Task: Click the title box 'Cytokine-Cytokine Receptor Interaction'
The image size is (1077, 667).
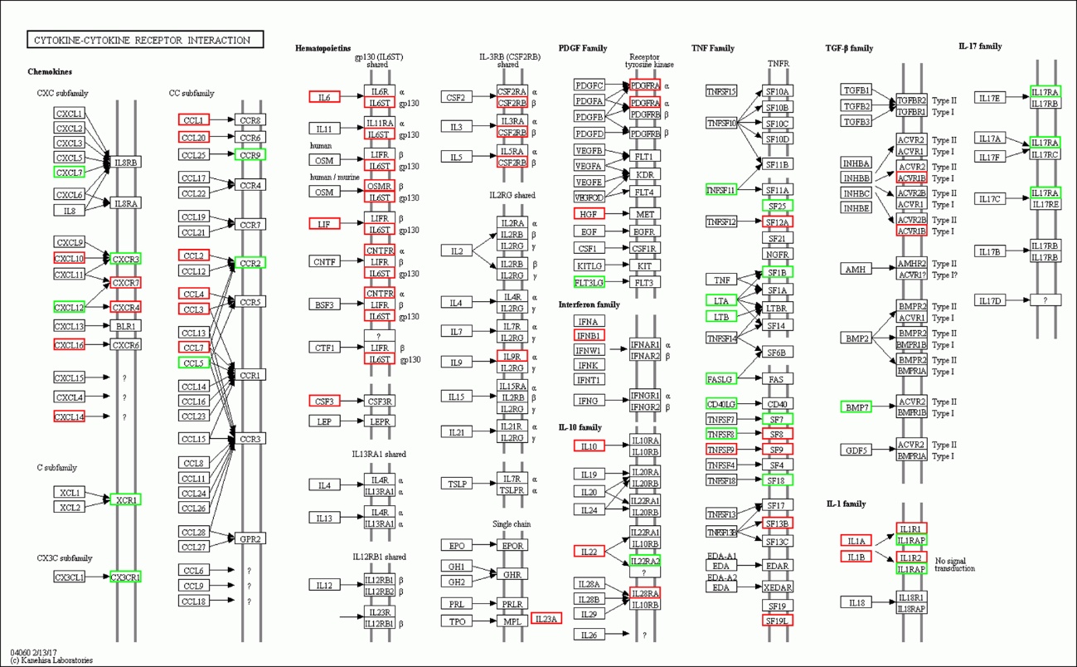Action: click(145, 40)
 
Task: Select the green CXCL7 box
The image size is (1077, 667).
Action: click(69, 172)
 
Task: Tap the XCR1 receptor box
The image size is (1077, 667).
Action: click(126, 499)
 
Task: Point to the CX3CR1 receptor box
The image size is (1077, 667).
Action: click(126, 577)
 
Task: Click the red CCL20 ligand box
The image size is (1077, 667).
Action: click(194, 137)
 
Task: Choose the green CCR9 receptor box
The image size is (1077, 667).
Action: click(250, 155)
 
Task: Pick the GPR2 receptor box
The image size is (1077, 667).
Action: click(250, 538)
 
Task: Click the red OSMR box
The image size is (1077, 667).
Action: click(379, 187)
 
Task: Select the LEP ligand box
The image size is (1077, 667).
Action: click(324, 421)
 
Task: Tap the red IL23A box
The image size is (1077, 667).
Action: click(546, 618)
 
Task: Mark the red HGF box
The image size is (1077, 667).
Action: click(589, 213)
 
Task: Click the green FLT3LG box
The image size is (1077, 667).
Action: click(589, 282)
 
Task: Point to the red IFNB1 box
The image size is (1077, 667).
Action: click(589, 335)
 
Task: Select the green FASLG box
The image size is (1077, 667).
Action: click(720, 379)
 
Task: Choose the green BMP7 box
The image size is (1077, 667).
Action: click(856, 407)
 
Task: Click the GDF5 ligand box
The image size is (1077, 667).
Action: click(856, 450)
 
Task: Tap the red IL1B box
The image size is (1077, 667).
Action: click(856, 557)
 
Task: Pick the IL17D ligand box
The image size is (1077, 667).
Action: click(990, 299)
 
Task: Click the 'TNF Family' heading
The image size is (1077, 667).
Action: click(713, 48)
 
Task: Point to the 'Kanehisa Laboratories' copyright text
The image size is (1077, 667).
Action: click(51, 660)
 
